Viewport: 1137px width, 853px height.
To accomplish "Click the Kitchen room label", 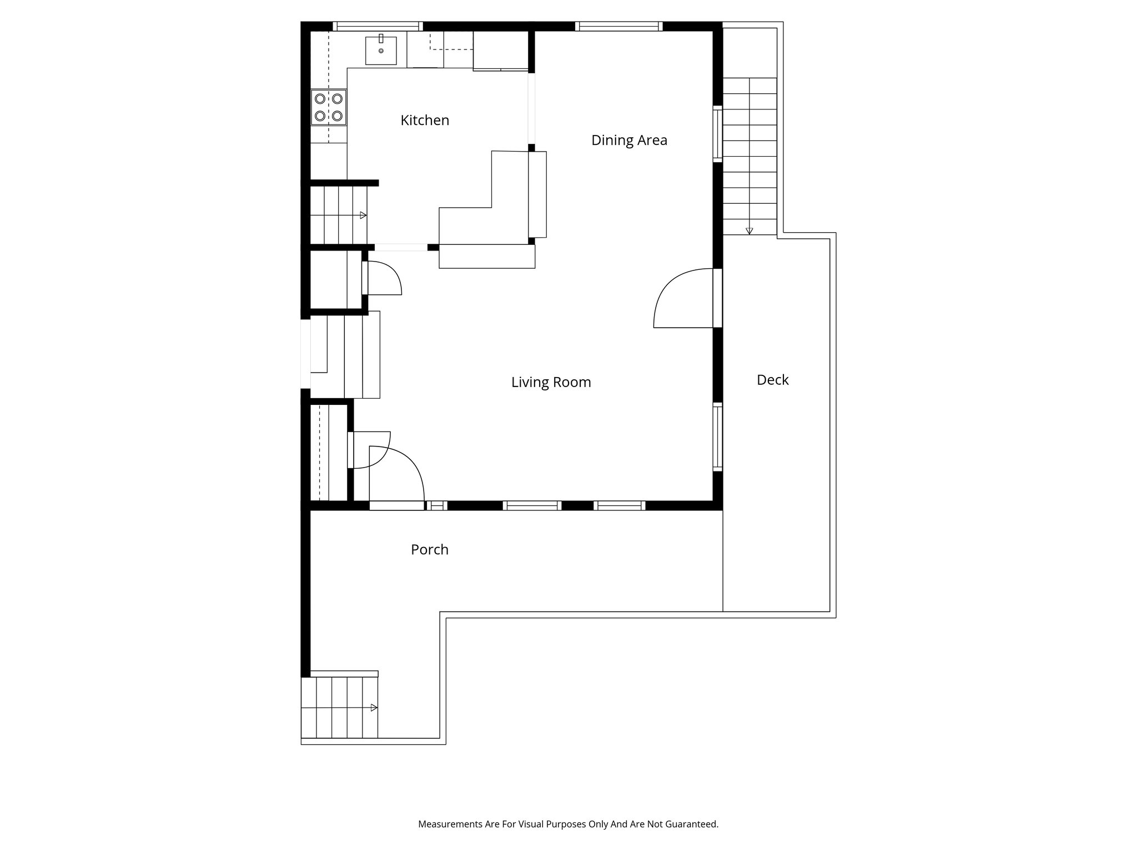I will [425, 120].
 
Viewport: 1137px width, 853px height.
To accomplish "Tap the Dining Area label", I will [629, 140].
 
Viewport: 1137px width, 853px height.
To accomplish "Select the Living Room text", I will [551, 382].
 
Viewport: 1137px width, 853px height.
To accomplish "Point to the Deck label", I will [772, 380].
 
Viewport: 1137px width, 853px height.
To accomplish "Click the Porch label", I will [429, 549].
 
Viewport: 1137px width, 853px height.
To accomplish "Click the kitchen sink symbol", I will [381, 50].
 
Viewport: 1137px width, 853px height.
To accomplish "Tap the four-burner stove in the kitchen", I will [329, 107].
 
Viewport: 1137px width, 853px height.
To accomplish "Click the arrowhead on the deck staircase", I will [749, 230].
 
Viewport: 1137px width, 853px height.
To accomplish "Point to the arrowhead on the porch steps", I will [374, 708].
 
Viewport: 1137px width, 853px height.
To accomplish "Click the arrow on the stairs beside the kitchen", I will [363, 215].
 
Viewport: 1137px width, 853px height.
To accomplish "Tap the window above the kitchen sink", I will [378, 26].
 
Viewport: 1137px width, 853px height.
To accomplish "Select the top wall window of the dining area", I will [618, 26].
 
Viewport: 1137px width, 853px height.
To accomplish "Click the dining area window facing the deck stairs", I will [717, 134].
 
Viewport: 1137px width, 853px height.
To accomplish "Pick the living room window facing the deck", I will [717, 437].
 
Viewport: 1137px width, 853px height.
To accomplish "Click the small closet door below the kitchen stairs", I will [383, 278].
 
